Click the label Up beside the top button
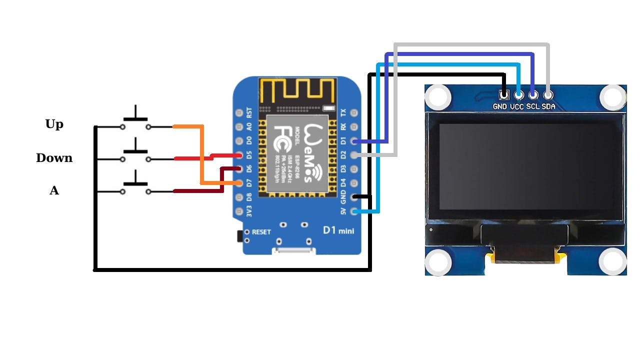point(54,124)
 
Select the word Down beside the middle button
point(54,158)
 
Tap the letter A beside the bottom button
point(54,190)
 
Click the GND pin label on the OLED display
point(500,106)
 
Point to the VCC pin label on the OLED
point(516,106)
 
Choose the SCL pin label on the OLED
point(532,106)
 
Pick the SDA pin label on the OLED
point(548,106)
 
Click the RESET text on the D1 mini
point(261,232)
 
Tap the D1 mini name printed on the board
point(338,230)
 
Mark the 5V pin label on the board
point(343,211)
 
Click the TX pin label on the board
point(343,112)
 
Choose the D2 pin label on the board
point(343,155)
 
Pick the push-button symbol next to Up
point(135,121)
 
